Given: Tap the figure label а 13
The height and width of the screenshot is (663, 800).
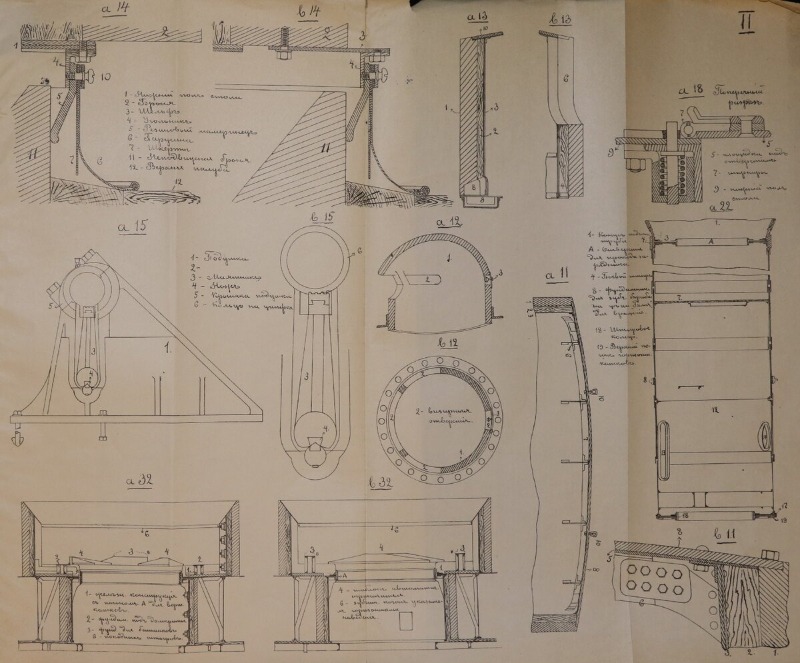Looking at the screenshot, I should (x=479, y=16).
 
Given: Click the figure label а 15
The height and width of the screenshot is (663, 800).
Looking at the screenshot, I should (x=132, y=227).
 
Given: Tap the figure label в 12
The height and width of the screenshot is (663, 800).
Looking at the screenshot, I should (x=451, y=342).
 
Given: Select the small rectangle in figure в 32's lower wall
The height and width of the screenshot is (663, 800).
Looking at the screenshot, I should (x=407, y=621).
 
